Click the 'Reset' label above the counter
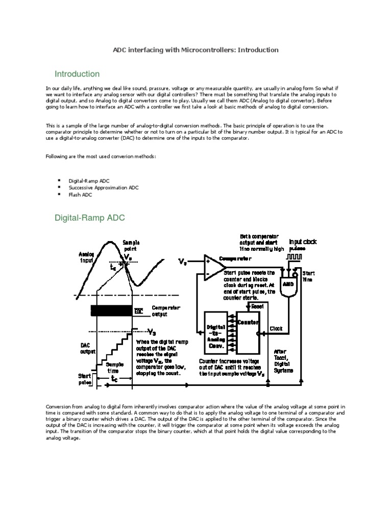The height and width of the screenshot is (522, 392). (257, 306)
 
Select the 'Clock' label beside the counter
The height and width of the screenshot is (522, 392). (276, 329)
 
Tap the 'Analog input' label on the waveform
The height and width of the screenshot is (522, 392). (86, 256)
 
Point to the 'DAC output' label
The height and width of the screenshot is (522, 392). (86, 348)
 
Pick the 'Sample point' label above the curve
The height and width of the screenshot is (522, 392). (131, 246)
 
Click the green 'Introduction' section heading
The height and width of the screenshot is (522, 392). (77, 74)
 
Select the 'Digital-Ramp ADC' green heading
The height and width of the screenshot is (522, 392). (90, 218)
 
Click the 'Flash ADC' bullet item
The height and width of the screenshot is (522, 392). (80, 195)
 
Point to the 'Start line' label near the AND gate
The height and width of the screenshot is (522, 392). (308, 276)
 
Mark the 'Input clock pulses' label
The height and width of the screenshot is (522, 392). (303, 244)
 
